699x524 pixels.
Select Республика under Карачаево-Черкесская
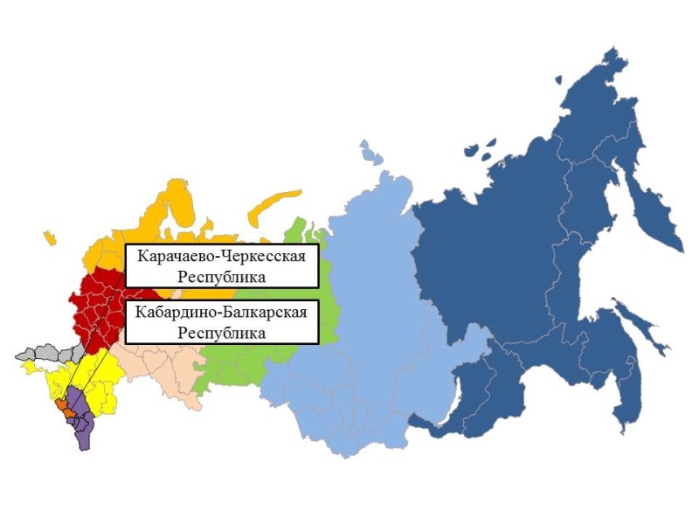[221, 277]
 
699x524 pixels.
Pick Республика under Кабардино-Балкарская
[221, 332]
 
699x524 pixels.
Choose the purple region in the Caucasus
[80, 419]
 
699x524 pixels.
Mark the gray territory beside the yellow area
[44, 355]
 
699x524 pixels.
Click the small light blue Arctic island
[370, 153]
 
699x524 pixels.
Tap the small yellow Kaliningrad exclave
[49, 237]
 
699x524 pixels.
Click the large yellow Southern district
[87, 376]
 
